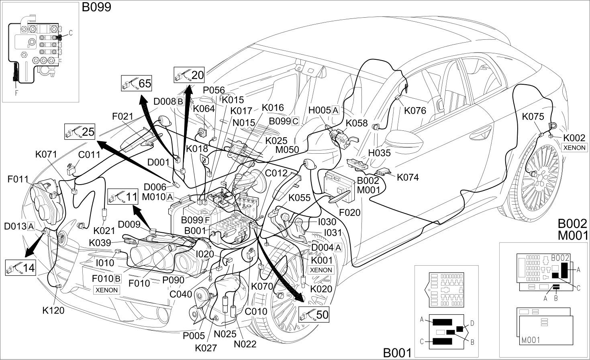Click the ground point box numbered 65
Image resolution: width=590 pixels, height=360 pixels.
pyautogui.click(x=137, y=83)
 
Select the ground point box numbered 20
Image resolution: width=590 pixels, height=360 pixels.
pyautogui.click(x=189, y=75)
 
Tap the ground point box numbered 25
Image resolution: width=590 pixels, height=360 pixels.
pyautogui.click(x=80, y=132)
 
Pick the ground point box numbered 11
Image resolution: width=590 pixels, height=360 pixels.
pyautogui.click(x=123, y=197)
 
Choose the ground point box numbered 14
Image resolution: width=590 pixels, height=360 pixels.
pyautogui.click(x=20, y=268)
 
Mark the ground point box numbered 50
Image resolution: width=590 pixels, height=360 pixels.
pyautogui.click(x=314, y=314)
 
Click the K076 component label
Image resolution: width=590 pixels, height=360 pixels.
pyautogui.click(x=415, y=111)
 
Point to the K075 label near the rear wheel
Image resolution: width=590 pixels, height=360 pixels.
pyautogui.click(x=533, y=116)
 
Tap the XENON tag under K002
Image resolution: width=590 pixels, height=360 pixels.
pyautogui.click(x=574, y=148)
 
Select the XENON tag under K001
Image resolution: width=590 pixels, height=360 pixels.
pyautogui.click(x=321, y=270)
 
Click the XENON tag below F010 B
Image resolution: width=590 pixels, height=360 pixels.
pyautogui.click(x=107, y=290)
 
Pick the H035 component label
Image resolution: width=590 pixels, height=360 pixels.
pyautogui.click(x=379, y=153)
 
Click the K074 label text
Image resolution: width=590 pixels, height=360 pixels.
pyautogui.click(x=408, y=177)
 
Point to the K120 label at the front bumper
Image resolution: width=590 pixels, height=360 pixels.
pyautogui.click(x=53, y=311)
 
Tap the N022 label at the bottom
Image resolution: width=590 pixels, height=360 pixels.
pyautogui.click(x=245, y=344)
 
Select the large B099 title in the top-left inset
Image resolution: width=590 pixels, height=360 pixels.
pyautogui.click(x=96, y=7)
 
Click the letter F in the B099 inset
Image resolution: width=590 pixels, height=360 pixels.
pyautogui.click(x=16, y=93)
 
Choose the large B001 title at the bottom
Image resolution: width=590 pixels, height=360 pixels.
pyautogui.click(x=397, y=353)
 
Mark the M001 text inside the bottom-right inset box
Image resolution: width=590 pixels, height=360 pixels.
pyautogui.click(x=531, y=340)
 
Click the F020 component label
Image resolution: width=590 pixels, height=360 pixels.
pyautogui.click(x=349, y=213)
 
